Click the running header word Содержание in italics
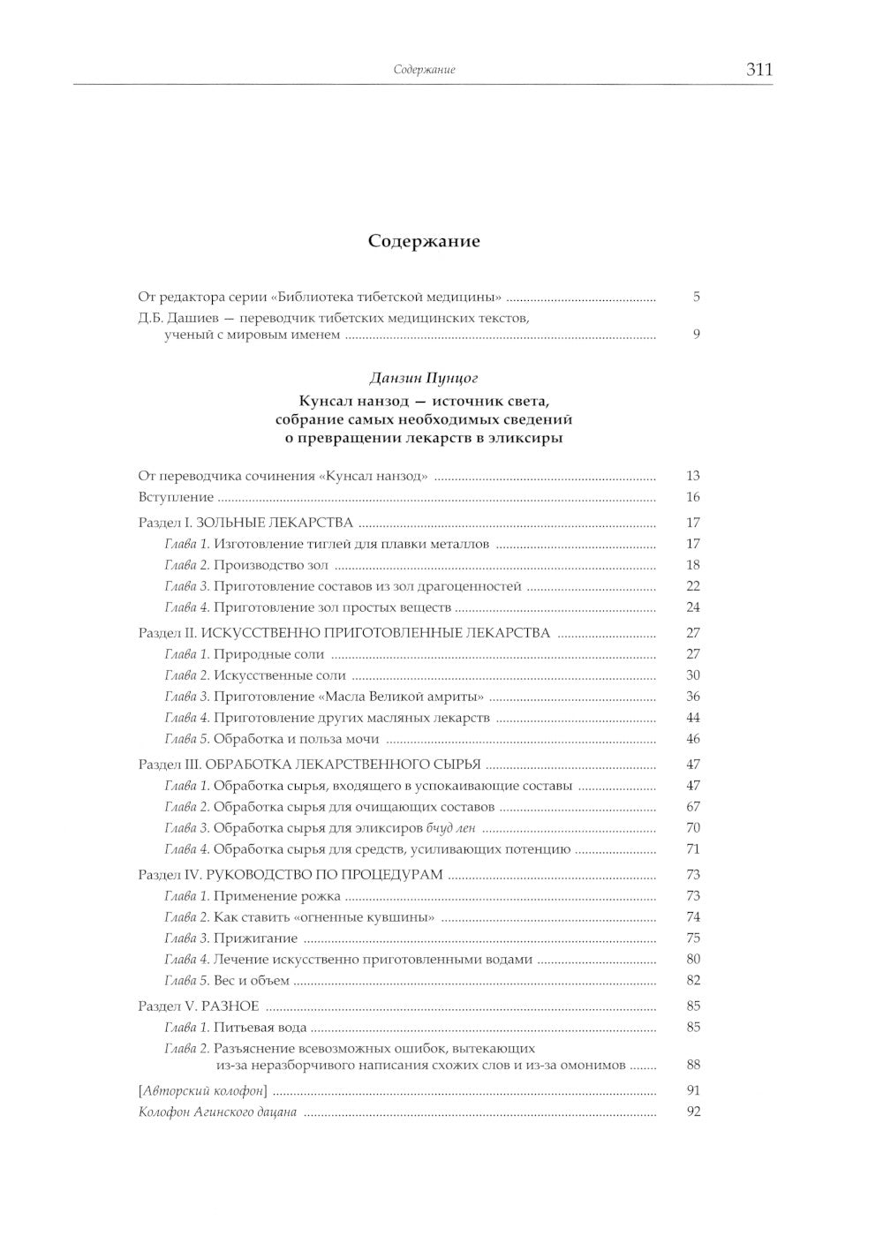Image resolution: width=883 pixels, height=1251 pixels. [x=424, y=71]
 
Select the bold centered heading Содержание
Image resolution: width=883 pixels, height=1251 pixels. [x=424, y=241]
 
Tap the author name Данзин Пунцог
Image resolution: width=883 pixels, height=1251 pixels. [x=424, y=378]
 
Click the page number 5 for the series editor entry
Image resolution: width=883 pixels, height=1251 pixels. [x=696, y=298]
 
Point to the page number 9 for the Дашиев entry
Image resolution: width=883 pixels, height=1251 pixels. [x=696, y=335]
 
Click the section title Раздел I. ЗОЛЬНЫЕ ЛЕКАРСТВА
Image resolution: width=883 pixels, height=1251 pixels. [x=245, y=522]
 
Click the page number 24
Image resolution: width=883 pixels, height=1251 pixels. [x=693, y=607]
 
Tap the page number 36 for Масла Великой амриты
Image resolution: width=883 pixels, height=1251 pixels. [x=693, y=697]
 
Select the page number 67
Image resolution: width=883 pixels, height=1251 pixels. [x=693, y=807]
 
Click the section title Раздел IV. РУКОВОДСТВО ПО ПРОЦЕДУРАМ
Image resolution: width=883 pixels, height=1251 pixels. [x=291, y=875]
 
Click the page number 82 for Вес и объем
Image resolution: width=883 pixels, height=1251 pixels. [x=693, y=980]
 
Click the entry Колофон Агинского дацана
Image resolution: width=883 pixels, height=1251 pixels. [x=217, y=1112]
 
